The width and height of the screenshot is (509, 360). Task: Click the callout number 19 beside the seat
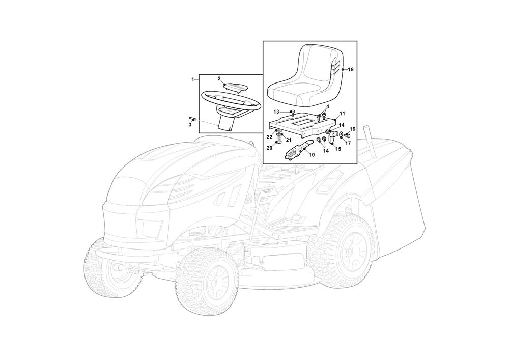351,69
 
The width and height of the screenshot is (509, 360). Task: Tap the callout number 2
219,78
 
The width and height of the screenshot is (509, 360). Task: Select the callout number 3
190,125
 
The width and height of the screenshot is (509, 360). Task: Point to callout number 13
276,112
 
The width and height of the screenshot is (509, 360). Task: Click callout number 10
312,155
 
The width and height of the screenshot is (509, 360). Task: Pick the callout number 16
353,129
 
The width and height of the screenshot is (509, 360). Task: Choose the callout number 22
269,137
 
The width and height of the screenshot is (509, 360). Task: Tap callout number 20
269,148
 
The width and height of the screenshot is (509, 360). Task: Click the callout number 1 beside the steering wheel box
193,79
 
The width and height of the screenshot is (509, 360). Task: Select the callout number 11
342,113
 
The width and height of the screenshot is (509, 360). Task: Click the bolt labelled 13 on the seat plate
293,113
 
